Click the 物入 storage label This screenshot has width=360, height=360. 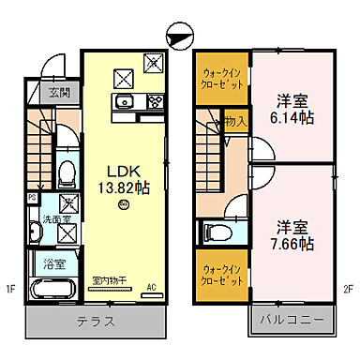pos(235,121)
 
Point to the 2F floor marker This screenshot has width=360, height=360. pos(346,289)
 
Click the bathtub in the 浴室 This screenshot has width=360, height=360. pos(50,290)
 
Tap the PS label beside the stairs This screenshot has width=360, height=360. pos(33,198)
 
